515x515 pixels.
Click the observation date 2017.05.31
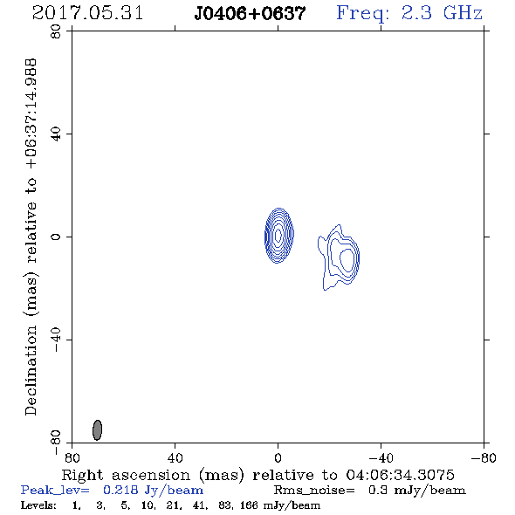pos(87,13)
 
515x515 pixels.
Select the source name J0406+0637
pos(250,14)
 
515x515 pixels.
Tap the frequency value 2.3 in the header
pos(416,13)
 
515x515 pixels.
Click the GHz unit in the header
pos(463,13)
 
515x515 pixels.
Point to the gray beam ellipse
pos(97,429)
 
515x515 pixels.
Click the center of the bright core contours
pos(278,235)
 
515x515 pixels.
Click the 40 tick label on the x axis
pos(175,458)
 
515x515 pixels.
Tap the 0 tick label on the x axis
pos(278,458)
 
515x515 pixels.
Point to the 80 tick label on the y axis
pos(56,31)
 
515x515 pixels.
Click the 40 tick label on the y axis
pos(56,134)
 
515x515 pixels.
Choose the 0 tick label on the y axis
pos(56,237)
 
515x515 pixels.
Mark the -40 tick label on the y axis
pos(56,340)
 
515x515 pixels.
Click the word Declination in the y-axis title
pos(31,370)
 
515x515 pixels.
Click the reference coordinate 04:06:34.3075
pos(400,475)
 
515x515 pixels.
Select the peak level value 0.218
pos(120,490)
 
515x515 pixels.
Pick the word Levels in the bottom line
pos(38,505)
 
